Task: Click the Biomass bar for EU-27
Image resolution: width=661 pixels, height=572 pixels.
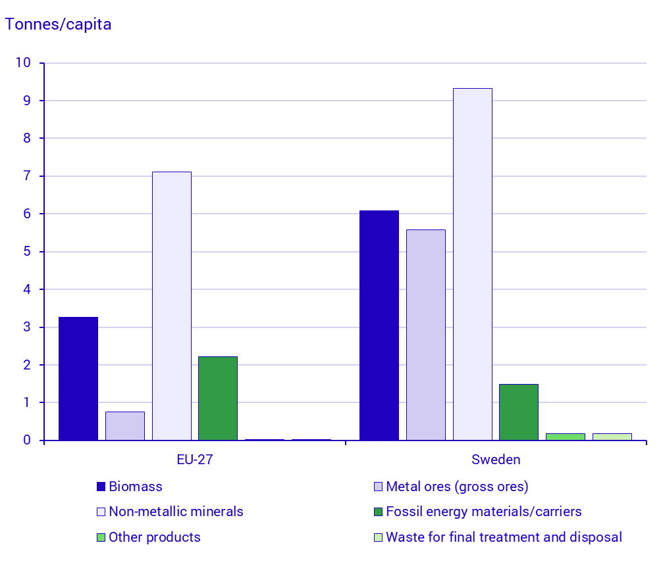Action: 78,379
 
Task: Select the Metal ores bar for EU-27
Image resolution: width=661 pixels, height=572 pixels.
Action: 125,426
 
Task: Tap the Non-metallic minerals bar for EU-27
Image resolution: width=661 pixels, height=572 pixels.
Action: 172,306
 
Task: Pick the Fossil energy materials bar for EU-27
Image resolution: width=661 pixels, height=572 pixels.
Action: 218,398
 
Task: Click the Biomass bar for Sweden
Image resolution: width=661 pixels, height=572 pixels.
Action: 379,325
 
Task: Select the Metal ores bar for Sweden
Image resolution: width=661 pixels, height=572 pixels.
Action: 426,335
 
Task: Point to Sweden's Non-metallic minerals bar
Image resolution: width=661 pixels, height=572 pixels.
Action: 473,264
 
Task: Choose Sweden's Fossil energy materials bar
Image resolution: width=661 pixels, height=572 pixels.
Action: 519,412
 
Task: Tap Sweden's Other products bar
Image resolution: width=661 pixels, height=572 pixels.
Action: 566,437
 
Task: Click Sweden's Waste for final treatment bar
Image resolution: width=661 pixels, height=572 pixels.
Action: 612,437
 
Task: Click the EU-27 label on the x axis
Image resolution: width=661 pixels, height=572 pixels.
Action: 195,460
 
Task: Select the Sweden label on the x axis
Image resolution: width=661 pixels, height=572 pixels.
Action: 496,460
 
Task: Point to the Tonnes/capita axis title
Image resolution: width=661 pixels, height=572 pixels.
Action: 59,25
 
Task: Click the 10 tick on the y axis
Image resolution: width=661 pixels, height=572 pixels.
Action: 24,63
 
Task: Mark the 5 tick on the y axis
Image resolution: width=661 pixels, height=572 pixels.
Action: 27,252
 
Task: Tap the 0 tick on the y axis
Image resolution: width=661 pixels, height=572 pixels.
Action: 27,440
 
